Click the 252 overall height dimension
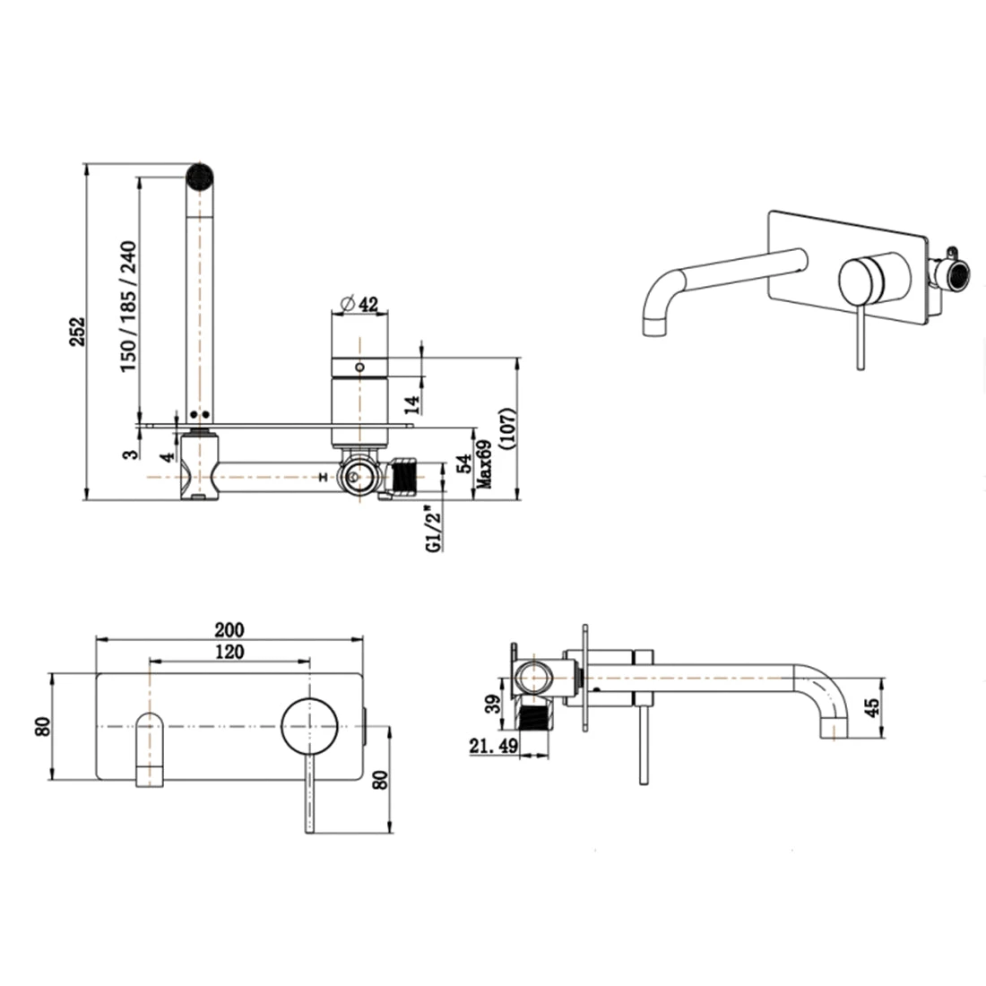click(x=77, y=332)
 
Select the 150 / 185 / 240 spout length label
click(x=127, y=307)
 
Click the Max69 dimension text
click(x=483, y=464)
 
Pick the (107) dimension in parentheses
click(x=506, y=428)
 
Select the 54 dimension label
click(x=464, y=463)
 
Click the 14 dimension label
click(x=412, y=404)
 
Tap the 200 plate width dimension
click(x=229, y=629)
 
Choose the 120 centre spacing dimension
click(x=229, y=652)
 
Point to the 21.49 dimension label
click(x=494, y=746)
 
